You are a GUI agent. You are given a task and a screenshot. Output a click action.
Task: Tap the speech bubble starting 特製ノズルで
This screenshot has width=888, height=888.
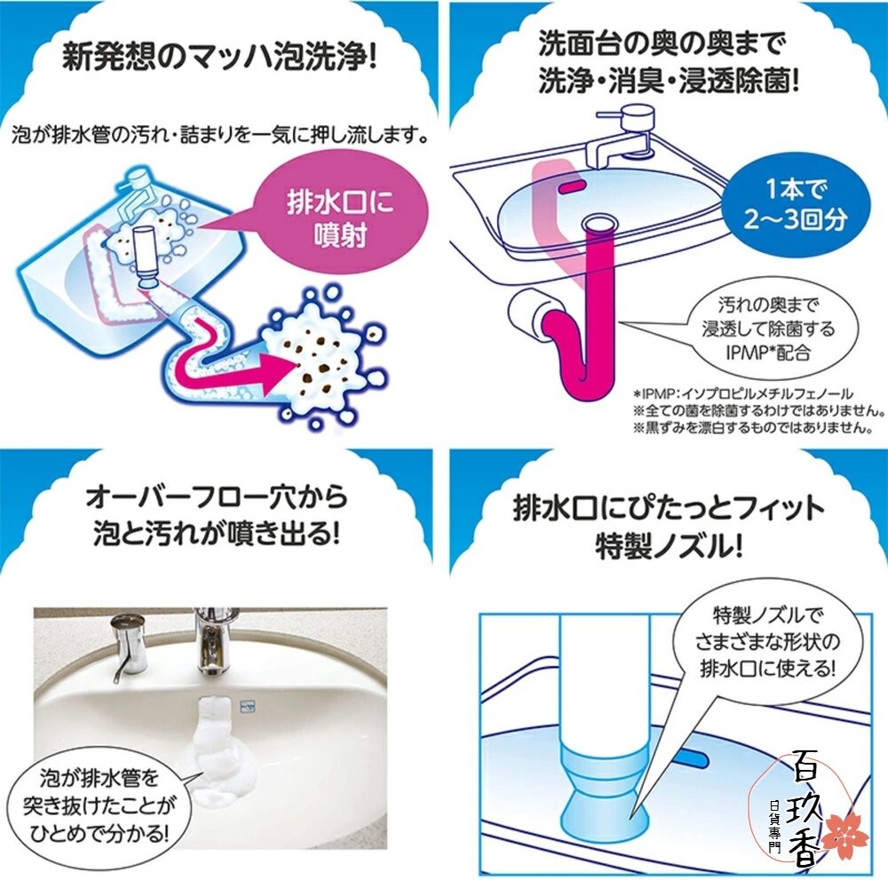tap(773, 639)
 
